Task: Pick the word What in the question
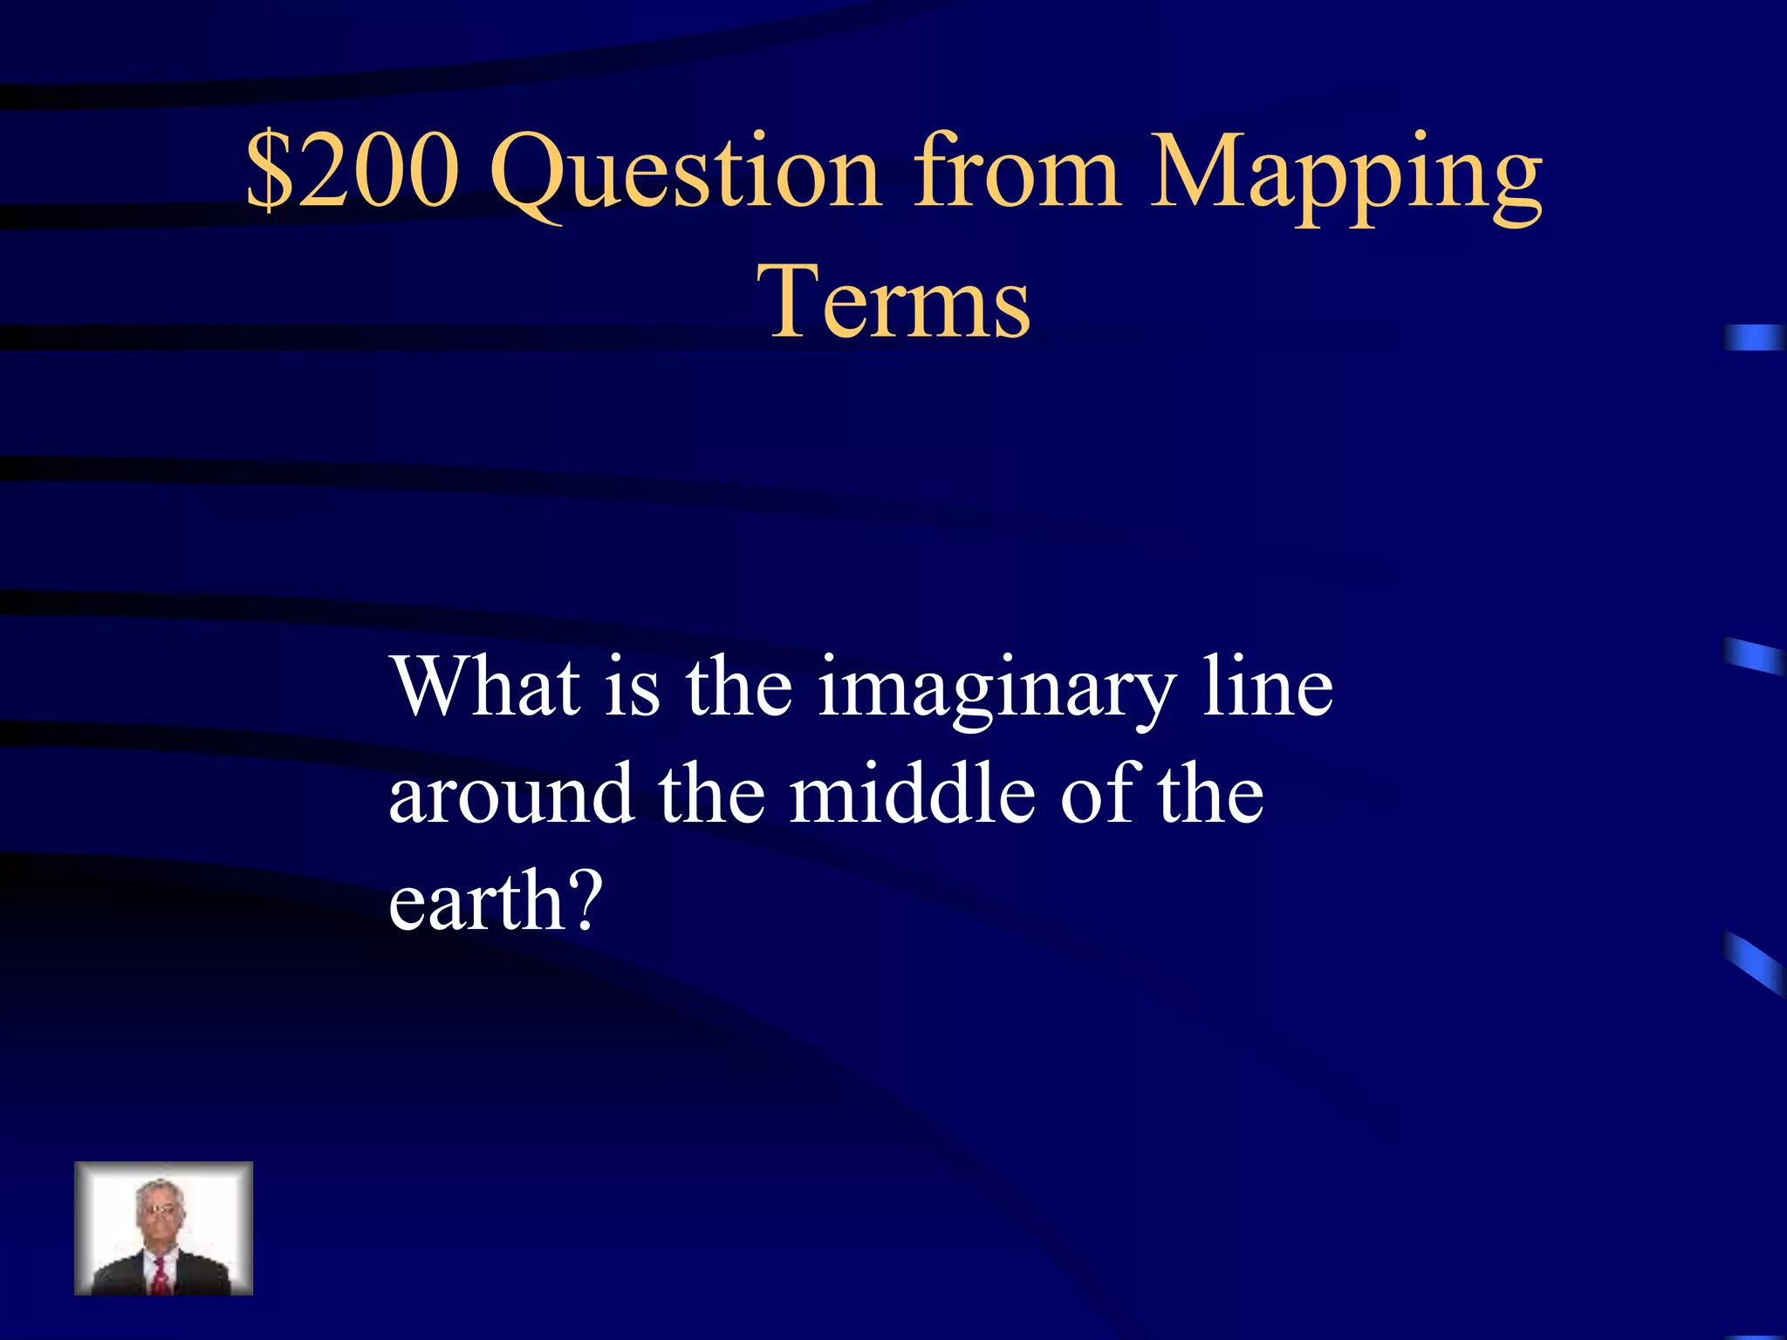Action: coord(485,687)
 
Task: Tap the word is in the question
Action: coord(632,687)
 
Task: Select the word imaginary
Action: coord(996,694)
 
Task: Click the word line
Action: coord(1268,687)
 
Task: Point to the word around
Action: coord(510,794)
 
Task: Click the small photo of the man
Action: coord(164,1227)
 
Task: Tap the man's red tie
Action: coord(161,1273)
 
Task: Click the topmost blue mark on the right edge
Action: coord(1754,338)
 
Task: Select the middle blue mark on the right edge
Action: coord(1754,657)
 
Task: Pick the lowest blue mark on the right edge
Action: coord(1754,963)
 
